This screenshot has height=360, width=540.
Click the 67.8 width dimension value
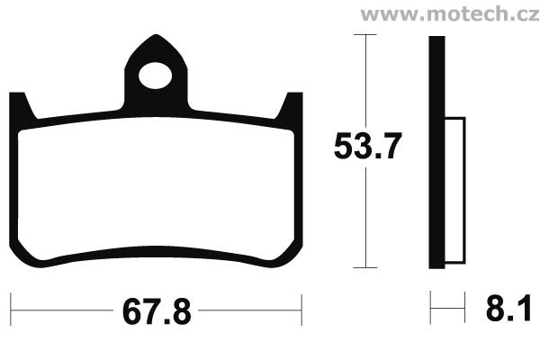(157, 312)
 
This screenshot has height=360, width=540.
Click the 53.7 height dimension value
(368, 146)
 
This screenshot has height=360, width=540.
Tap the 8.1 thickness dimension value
(508, 309)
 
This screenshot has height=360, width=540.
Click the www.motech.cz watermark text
(450, 13)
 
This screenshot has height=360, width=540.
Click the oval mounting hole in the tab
(156, 76)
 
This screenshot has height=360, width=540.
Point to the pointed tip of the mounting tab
(156, 35)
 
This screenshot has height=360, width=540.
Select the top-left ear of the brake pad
(22, 105)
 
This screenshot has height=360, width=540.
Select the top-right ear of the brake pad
(290, 105)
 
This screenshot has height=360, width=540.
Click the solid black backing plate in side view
(436, 152)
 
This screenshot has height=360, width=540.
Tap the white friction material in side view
(454, 191)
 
